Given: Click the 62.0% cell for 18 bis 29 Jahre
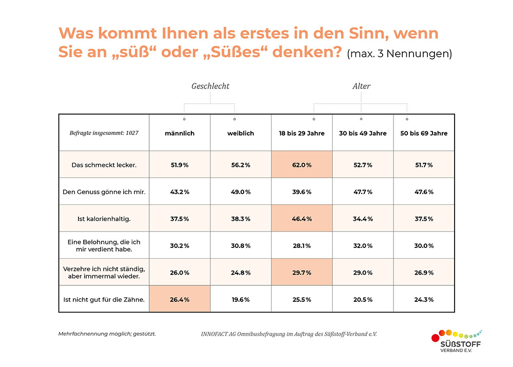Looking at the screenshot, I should [302, 165].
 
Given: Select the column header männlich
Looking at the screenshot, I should [180, 133].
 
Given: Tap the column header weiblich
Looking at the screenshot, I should [241, 133].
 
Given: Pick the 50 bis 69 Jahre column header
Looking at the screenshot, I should [424, 133].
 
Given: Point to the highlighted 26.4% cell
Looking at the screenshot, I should [180, 299].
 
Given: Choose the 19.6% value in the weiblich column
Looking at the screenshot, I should [241, 299].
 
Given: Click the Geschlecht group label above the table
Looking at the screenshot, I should [210, 86].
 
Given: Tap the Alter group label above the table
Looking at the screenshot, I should [361, 86].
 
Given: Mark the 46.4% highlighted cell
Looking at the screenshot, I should [302, 218].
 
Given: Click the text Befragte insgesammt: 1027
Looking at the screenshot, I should [104, 133].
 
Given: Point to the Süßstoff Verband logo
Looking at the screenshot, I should [458, 341].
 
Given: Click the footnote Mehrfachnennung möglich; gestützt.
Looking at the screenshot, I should [107, 334].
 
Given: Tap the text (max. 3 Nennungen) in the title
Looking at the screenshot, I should [399, 54].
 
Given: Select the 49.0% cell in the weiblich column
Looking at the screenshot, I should [241, 191].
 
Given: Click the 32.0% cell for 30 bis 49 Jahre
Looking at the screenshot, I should [363, 245].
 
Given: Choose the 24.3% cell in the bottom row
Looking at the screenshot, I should [424, 299].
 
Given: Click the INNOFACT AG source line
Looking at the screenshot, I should [289, 334].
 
